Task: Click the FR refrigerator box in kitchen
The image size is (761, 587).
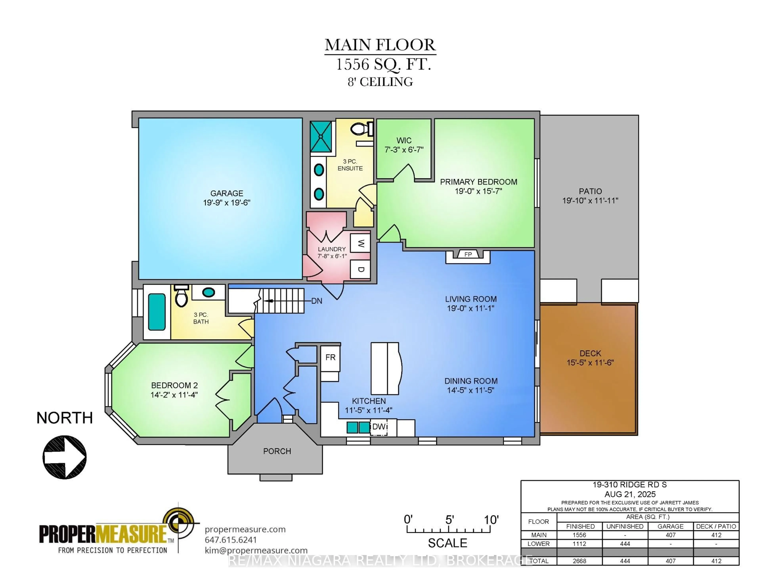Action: coord(330,357)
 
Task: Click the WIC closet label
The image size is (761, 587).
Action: coord(404,141)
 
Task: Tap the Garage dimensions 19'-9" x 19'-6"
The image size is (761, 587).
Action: coord(227,202)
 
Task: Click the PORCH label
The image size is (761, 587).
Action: coord(277,451)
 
